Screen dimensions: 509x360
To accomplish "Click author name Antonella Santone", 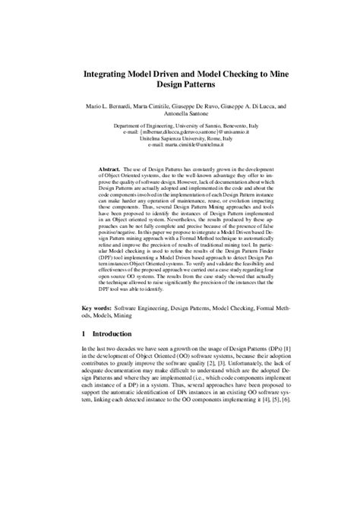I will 180,116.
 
